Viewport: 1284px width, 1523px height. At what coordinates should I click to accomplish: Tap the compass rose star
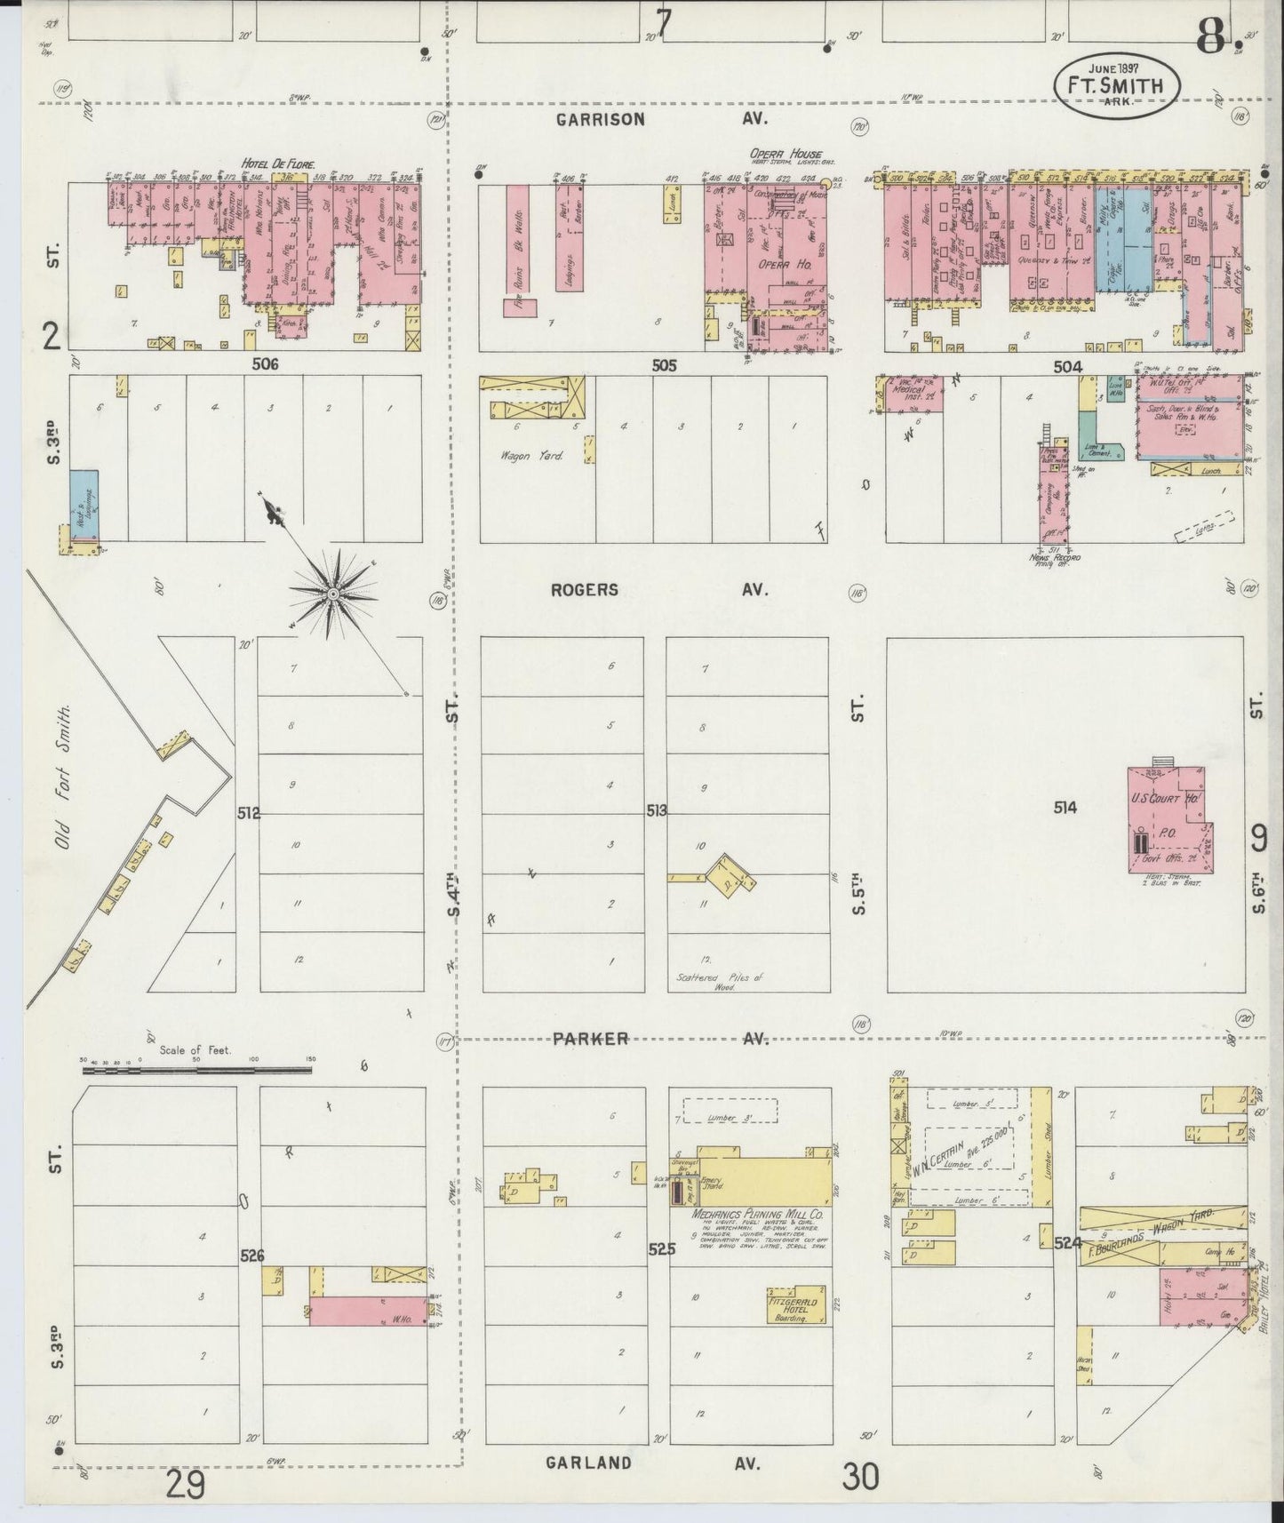[332, 593]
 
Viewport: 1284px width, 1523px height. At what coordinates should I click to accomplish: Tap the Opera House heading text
[786, 153]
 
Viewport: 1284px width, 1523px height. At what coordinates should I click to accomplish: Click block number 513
[657, 810]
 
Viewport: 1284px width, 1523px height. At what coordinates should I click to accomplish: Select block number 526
[252, 1256]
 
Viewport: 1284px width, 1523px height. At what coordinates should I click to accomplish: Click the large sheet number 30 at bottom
[861, 1476]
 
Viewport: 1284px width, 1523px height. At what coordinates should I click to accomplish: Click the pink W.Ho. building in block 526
[368, 1311]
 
